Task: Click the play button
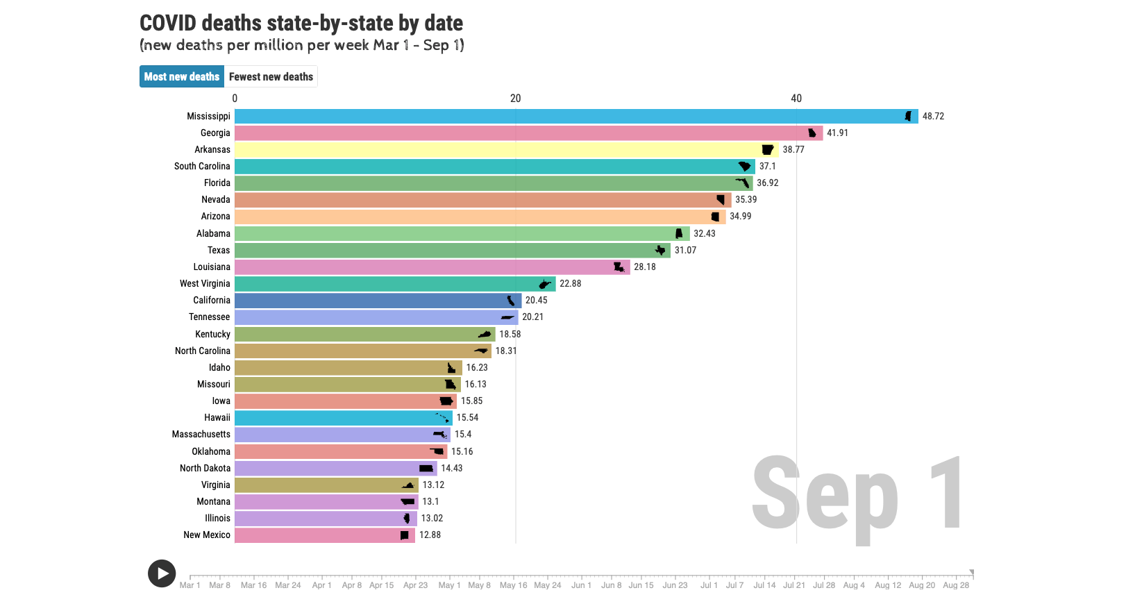point(162,573)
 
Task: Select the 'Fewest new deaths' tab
point(271,77)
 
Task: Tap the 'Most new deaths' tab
point(182,77)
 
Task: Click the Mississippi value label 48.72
point(933,117)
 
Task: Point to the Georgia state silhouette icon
point(812,133)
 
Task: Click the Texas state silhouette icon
point(660,250)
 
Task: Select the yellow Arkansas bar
point(486,150)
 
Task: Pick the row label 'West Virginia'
point(205,284)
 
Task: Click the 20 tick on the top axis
point(515,99)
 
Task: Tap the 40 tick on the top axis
point(796,99)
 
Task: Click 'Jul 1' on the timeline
point(709,585)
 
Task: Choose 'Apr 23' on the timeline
point(415,585)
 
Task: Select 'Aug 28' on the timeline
point(956,585)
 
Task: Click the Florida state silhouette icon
point(743,183)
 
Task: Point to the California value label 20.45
point(536,301)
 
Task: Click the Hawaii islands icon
point(442,418)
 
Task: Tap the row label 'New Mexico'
point(207,535)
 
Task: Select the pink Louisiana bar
point(417,267)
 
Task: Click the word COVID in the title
point(168,24)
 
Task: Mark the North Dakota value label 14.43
point(451,469)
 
